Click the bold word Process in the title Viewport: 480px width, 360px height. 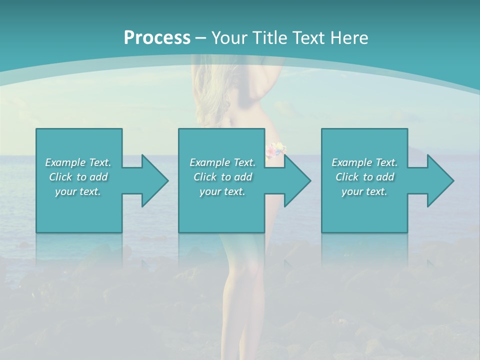157,38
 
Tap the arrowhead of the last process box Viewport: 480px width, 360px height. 439,180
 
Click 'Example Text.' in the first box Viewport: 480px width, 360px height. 78,162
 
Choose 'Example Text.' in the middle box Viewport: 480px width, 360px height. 222,162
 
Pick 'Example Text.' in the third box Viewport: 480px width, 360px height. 364,162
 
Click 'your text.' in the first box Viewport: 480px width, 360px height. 78,191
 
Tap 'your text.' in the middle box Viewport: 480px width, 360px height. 222,191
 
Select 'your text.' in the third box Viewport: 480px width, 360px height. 364,191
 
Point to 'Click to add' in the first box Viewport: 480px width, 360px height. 78,177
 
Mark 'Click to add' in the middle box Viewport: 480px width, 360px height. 222,177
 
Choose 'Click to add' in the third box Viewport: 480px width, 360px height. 364,177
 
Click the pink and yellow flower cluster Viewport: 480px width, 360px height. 275,148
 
